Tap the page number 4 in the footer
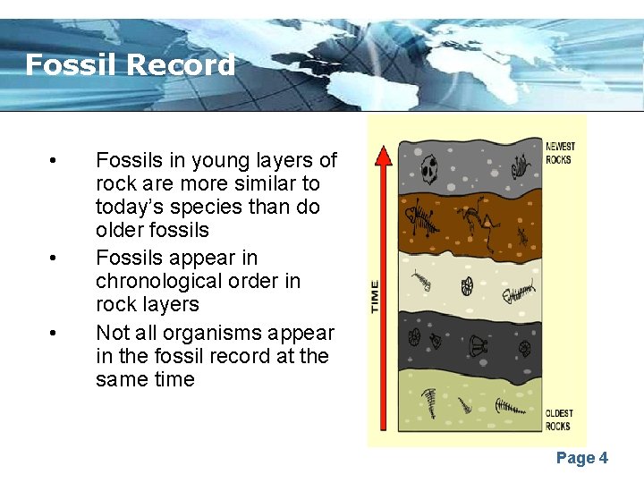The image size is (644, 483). (604, 458)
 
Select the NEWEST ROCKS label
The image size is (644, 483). (561, 153)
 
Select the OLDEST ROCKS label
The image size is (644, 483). (559, 419)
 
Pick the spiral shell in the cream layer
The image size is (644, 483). (466, 286)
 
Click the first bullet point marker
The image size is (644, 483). (55, 161)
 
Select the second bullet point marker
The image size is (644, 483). (55, 258)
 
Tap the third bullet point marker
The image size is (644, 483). (55, 334)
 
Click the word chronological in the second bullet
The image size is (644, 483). (152, 281)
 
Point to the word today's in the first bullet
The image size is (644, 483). (131, 207)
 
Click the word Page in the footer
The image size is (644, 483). (575, 458)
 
